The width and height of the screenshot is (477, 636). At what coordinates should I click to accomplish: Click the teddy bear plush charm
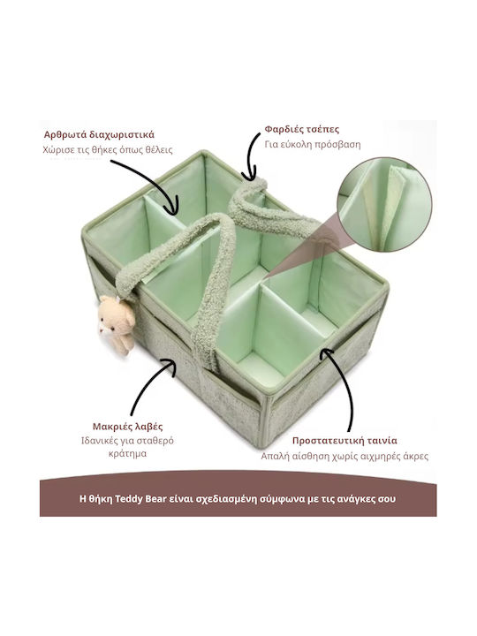[117, 325]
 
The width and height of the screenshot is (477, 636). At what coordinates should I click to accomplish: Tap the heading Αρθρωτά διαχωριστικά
[99, 134]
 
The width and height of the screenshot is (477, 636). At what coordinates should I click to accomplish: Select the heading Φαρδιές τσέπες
[302, 129]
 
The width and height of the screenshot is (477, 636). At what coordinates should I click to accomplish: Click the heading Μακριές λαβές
[128, 427]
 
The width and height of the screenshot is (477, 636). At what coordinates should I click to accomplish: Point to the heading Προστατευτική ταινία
[344, 441]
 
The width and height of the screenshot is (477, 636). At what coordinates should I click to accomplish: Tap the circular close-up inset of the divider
[384, 205]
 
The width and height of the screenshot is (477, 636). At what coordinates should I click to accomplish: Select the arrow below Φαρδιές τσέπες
[251, 156]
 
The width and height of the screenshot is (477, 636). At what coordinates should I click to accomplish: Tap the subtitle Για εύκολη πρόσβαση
[313, 145]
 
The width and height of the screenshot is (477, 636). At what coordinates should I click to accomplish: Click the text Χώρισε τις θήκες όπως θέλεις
[108, 149]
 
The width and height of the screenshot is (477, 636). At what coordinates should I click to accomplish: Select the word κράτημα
[128, 453]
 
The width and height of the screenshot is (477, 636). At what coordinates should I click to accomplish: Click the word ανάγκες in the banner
[359, 498]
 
